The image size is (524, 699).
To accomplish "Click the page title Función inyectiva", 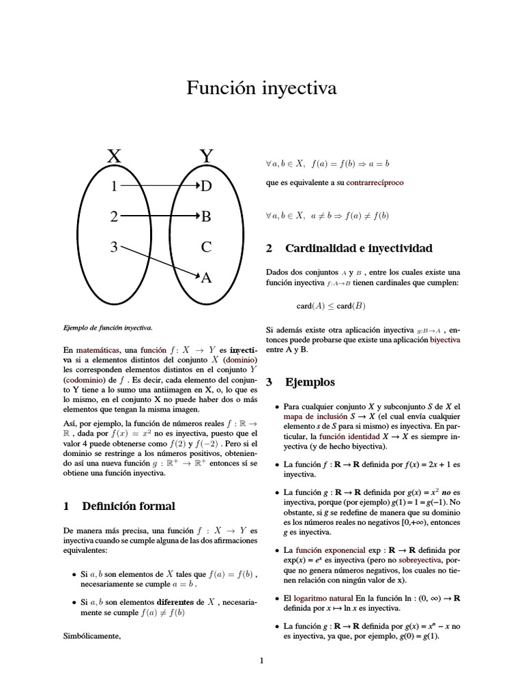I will click(261, 89).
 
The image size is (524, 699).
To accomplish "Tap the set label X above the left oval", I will click(114, 156).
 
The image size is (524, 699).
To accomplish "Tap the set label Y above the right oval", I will click(207, 156).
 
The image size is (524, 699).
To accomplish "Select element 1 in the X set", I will click(114, 186).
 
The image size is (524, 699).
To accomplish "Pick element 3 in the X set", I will click(114, 247).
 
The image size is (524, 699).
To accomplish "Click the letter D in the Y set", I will click(207, 186).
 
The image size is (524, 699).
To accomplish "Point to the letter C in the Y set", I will click(207, 247).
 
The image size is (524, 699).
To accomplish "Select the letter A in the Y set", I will click(207, 278).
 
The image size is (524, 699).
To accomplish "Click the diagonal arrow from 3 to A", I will click(160, 262).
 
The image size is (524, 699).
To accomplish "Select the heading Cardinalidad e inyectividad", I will click(358, 248).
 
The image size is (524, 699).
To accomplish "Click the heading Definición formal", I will click(128, 506).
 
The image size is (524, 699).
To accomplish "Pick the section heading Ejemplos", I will click(310, 382).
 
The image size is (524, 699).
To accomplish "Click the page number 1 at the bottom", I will click(261, 660).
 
